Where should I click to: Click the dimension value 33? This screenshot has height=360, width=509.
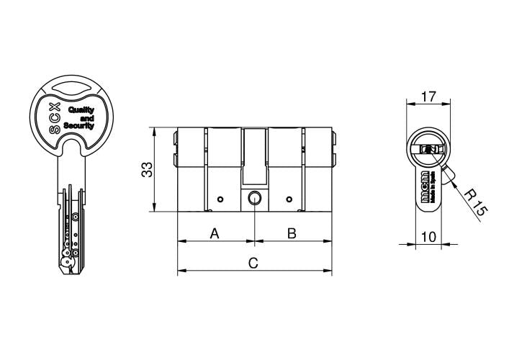[x=146, y=170]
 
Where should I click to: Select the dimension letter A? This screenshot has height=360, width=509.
[x=214, y=233]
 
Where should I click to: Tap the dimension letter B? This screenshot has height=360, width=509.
[x=292, y=233]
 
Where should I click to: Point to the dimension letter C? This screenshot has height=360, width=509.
[x=253, y=263]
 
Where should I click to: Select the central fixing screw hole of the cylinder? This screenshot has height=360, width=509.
[x=254, y=199]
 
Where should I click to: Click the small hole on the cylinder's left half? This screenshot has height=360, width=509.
[x=220, y=199]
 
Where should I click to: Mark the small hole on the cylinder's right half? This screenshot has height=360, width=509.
[x=288, y=199]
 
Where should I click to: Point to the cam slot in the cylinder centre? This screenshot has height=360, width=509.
[x=254, y=155]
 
